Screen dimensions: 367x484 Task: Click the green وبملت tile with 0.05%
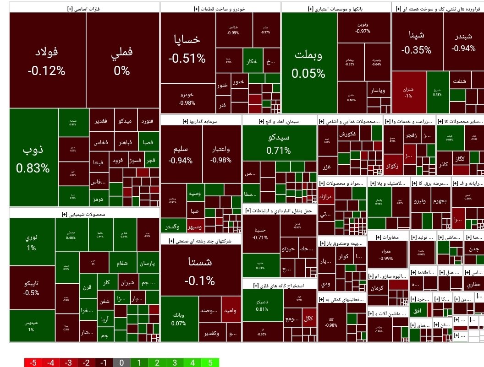[308, 63]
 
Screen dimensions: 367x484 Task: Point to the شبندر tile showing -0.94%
[463, 42]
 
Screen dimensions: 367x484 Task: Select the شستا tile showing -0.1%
[201, 270]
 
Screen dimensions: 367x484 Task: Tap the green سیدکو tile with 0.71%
[279, 143]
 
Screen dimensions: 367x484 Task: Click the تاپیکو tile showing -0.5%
[32, 287]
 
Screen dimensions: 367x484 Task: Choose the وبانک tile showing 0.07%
[179, 319]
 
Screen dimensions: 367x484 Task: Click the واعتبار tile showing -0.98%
[221, 154]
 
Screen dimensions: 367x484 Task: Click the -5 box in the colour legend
[33, 363]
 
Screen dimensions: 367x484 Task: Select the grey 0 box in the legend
[121, 363]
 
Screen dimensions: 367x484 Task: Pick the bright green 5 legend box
[210, 363]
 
